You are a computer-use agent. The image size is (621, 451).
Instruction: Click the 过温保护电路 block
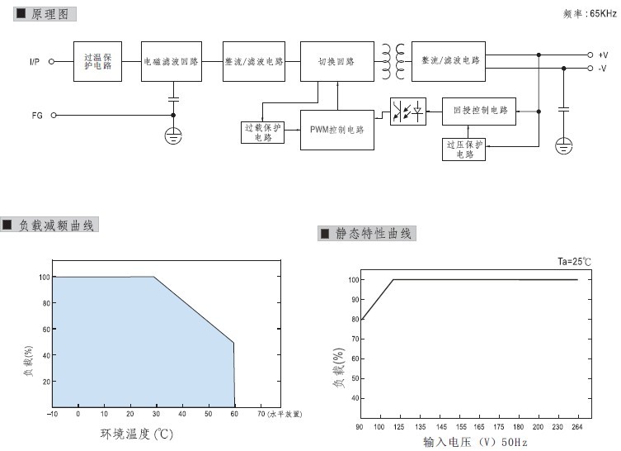click(97, 61)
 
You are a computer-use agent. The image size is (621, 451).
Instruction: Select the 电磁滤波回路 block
click(172, 61)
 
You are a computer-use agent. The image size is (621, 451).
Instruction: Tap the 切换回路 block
click(337, 61)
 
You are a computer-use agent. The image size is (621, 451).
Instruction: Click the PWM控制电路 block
click(337, 130)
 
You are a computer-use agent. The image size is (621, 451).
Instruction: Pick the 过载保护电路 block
click(262, 132)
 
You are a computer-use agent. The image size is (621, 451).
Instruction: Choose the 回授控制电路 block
click(479, 112)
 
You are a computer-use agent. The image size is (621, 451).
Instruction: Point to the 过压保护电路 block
click(463, 150)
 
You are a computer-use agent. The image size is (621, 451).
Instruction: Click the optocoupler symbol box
click(408, 112)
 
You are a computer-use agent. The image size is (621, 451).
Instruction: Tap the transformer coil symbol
click(393, 61)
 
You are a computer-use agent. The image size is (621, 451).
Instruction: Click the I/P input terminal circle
click(51, 61)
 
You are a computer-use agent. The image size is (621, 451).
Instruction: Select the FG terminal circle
click(54, 116)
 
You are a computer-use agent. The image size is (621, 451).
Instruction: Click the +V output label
click(603, 55)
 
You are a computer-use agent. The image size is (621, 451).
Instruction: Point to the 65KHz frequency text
click(603, 13)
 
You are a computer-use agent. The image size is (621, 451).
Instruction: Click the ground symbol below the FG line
click(173, 136)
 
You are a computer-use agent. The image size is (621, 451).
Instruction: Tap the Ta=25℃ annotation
click(574, 261)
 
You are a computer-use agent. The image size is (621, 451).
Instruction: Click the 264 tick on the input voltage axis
click(577, 427)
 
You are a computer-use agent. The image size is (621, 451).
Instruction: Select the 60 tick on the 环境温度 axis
click(234, 414)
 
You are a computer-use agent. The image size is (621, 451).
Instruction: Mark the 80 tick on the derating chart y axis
click(46, 303)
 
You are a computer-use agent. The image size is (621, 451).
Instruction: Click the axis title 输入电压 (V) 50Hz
click(475, 442)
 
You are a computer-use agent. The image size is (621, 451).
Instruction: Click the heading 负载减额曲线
click(56, 225)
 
